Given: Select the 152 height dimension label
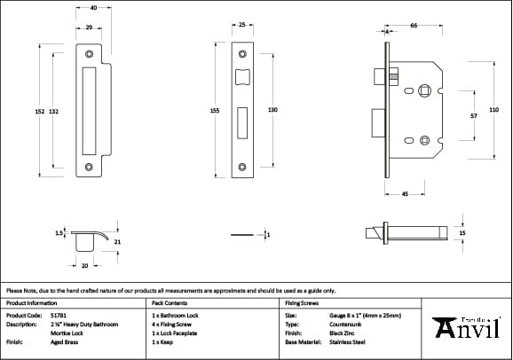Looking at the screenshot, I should point(39,111).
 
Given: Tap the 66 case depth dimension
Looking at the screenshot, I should point(414,27).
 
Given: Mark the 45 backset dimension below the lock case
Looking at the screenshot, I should point(404,193).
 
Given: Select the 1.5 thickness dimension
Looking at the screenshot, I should point(59,233).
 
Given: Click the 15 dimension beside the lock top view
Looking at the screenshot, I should point(462,233).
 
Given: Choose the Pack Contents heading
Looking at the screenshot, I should point(170,302).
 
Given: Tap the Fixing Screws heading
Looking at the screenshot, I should point(301,302).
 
